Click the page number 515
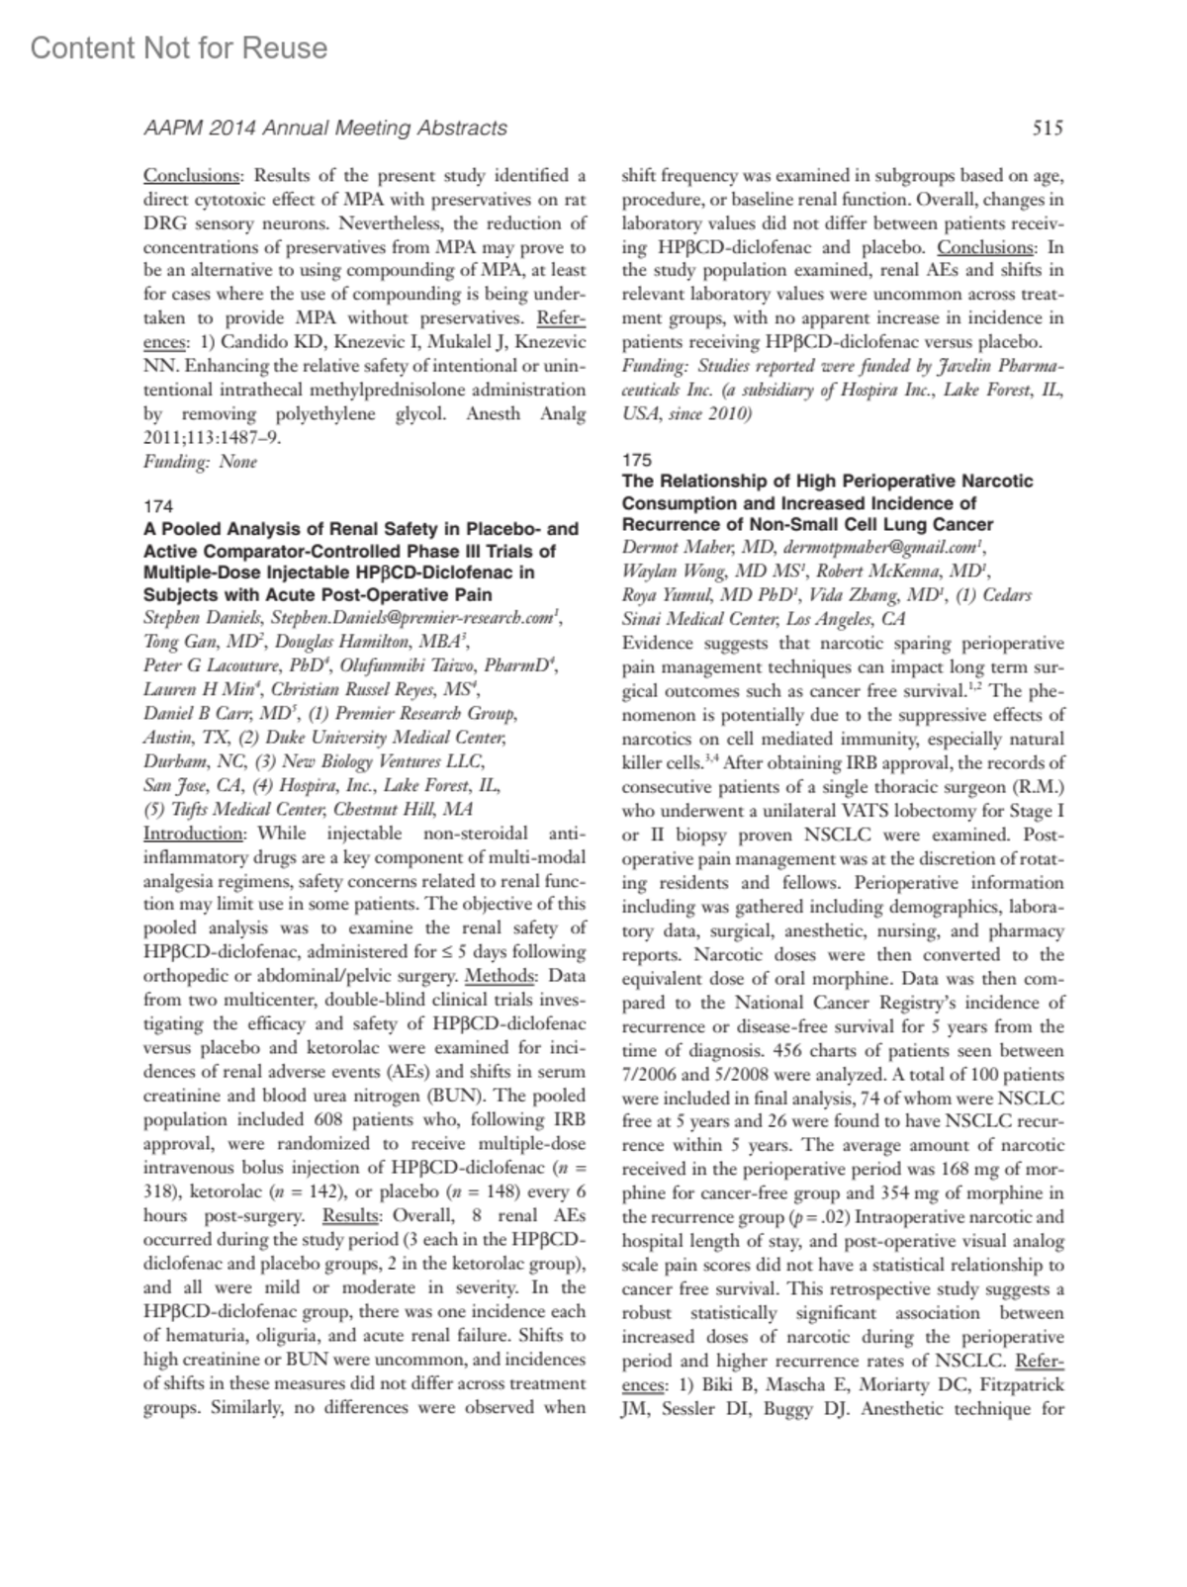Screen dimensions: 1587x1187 click(x=1048, y=128)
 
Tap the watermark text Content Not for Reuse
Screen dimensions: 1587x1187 click(x=179, y=47)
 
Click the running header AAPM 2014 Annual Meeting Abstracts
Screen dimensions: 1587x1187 click(x=325, y=128)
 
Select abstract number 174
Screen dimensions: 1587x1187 click(x=158, y=506)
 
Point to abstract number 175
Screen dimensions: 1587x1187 click(x=637, y=459)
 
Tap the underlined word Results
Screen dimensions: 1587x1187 click(x=351, y=1216)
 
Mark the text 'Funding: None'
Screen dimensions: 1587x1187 click(x=200, y=462)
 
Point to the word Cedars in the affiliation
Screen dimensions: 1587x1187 click(x=1006, y=595)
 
